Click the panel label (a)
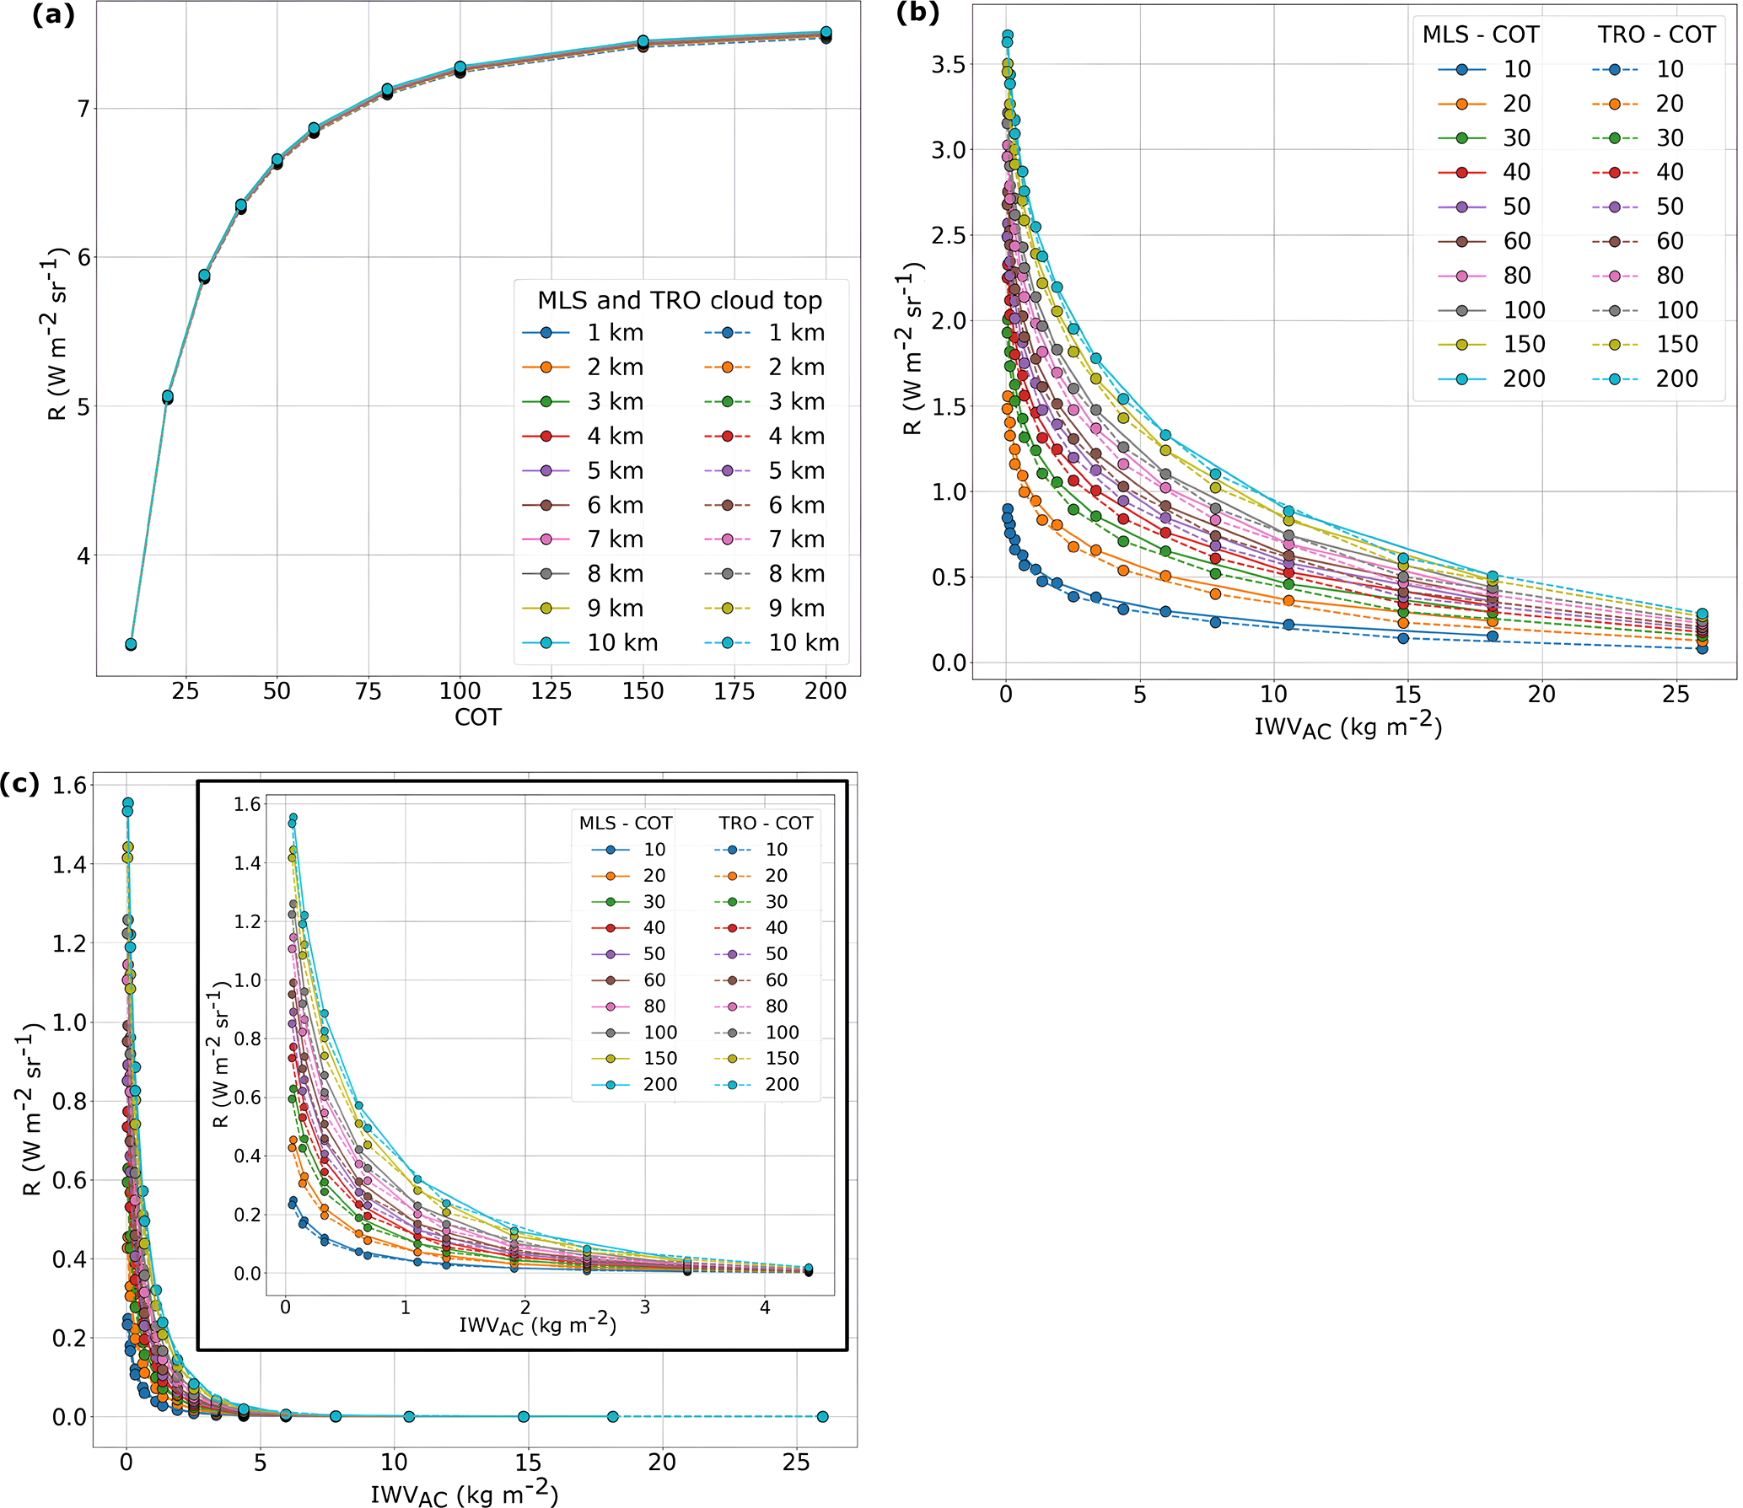(52, 15)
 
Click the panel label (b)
(917, 13)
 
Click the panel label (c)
(19, 783)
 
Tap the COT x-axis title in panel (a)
(477, 717)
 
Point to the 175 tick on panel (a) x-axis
(734, 691)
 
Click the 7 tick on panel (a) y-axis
(83, 109)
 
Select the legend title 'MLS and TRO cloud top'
(679, 300)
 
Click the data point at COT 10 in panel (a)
(131, 644)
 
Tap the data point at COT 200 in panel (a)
(826, 34)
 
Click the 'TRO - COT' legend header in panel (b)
(1655, 35)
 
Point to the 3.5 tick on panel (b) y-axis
(948, 64)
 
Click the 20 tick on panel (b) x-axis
(1541, 695)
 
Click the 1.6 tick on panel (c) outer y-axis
(69, 786)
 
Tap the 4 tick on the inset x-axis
(764, 1308)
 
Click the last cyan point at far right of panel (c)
(822, 1416)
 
